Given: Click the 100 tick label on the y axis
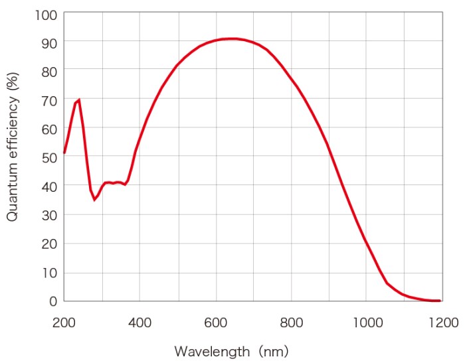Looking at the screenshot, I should [x=46, y=13].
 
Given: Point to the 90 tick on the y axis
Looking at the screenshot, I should [x=48, y=42].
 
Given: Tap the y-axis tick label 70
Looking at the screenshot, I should [x=48, y=100].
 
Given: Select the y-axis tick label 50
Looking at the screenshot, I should [x=48, y=157].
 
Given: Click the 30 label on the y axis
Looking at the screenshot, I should [x=48, y=214].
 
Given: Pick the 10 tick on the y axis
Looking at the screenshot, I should [x=48, y=272].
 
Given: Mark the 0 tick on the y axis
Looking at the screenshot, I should [x=52, y=301].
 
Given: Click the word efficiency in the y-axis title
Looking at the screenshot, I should [x=13, y=132].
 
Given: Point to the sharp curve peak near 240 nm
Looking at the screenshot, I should [x=79, y=100].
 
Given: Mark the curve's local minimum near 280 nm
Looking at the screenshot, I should [x=94, y=200].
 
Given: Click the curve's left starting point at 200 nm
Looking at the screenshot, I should [x=64, y=153].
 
